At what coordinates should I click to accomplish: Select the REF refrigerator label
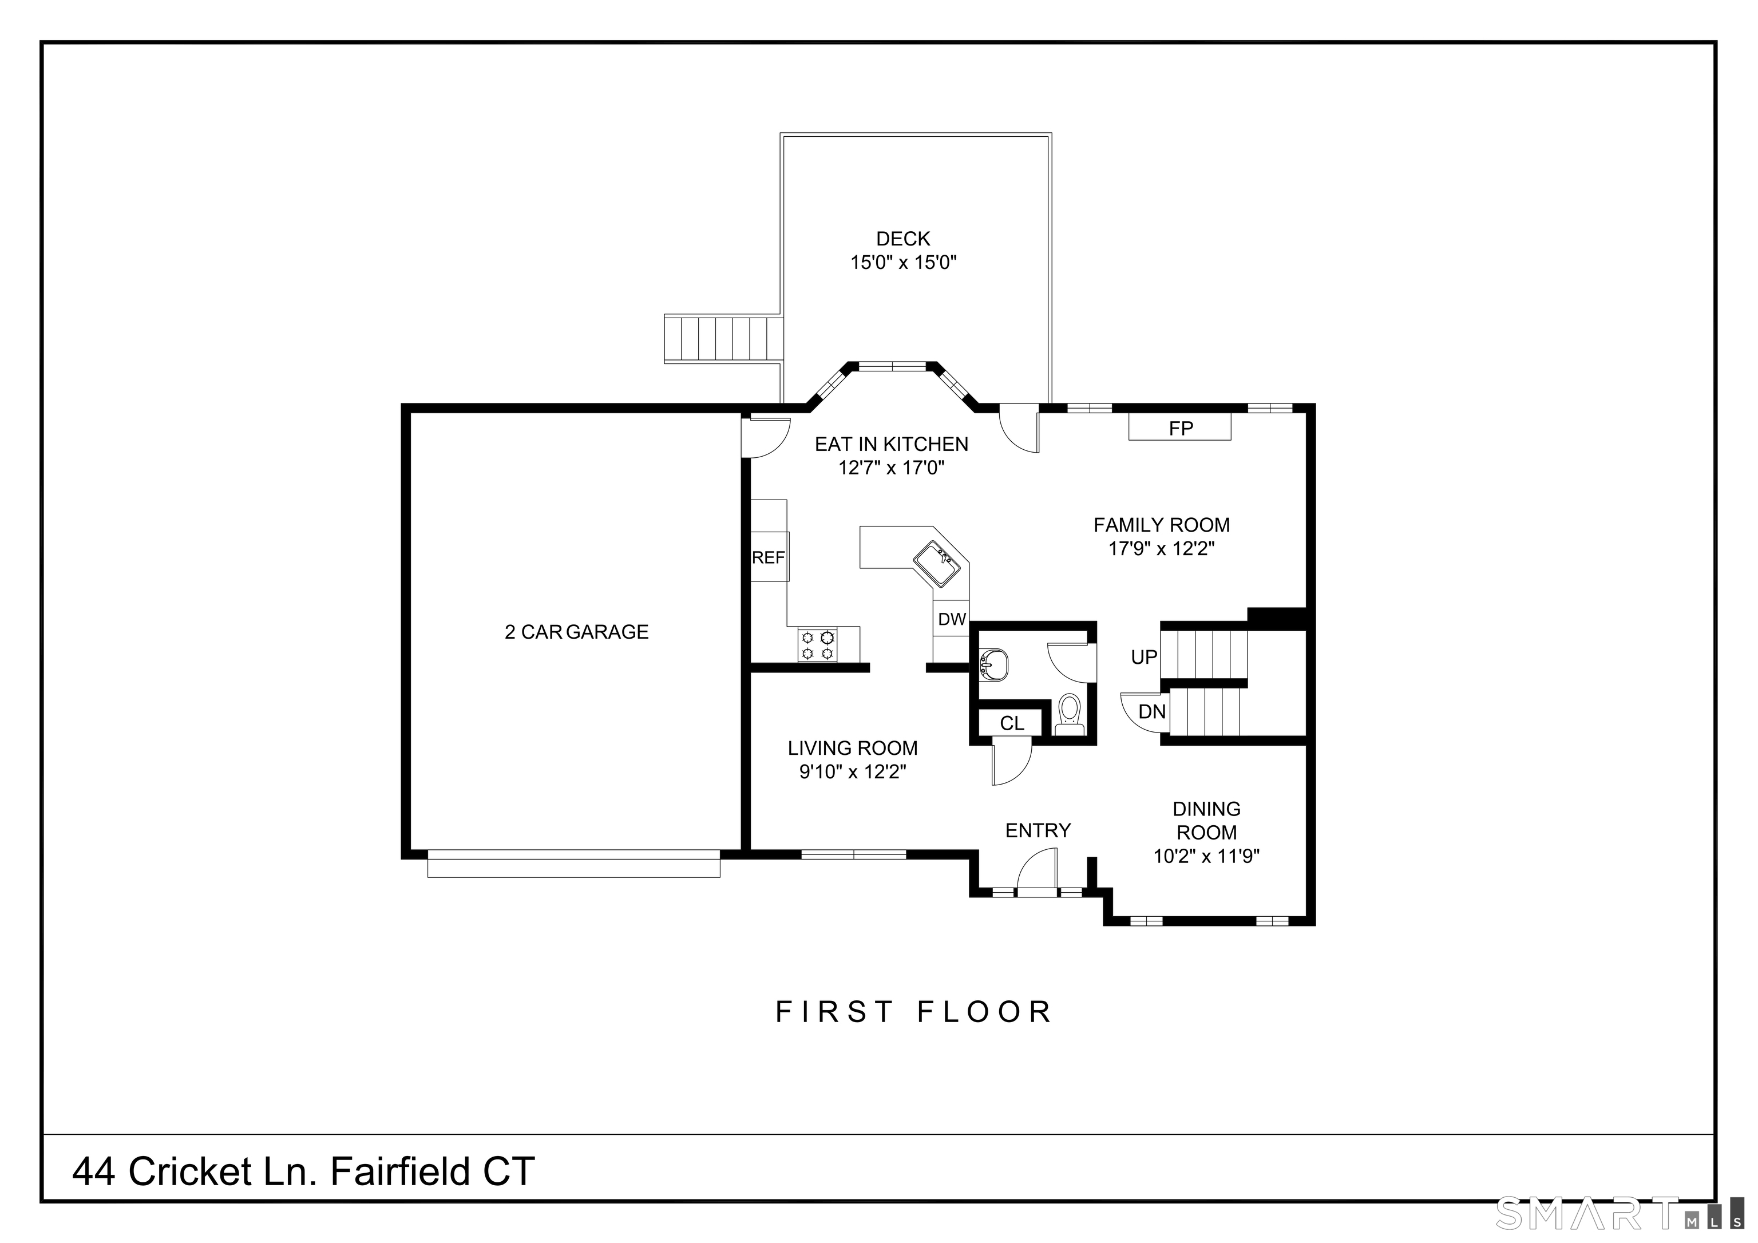coord(768,557)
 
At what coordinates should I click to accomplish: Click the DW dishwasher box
coord(951,619)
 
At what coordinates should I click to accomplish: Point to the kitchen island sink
coord(936,564)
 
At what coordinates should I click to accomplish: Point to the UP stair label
coord(1144,657)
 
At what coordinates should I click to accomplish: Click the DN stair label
coord(1151,711)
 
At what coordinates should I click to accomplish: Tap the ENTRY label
coord(1038,830)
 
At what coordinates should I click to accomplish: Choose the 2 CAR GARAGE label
coord(576,632)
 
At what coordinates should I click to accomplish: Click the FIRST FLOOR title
coord(914,1012)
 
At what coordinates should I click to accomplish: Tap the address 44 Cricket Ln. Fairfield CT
coord(303,1172)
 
